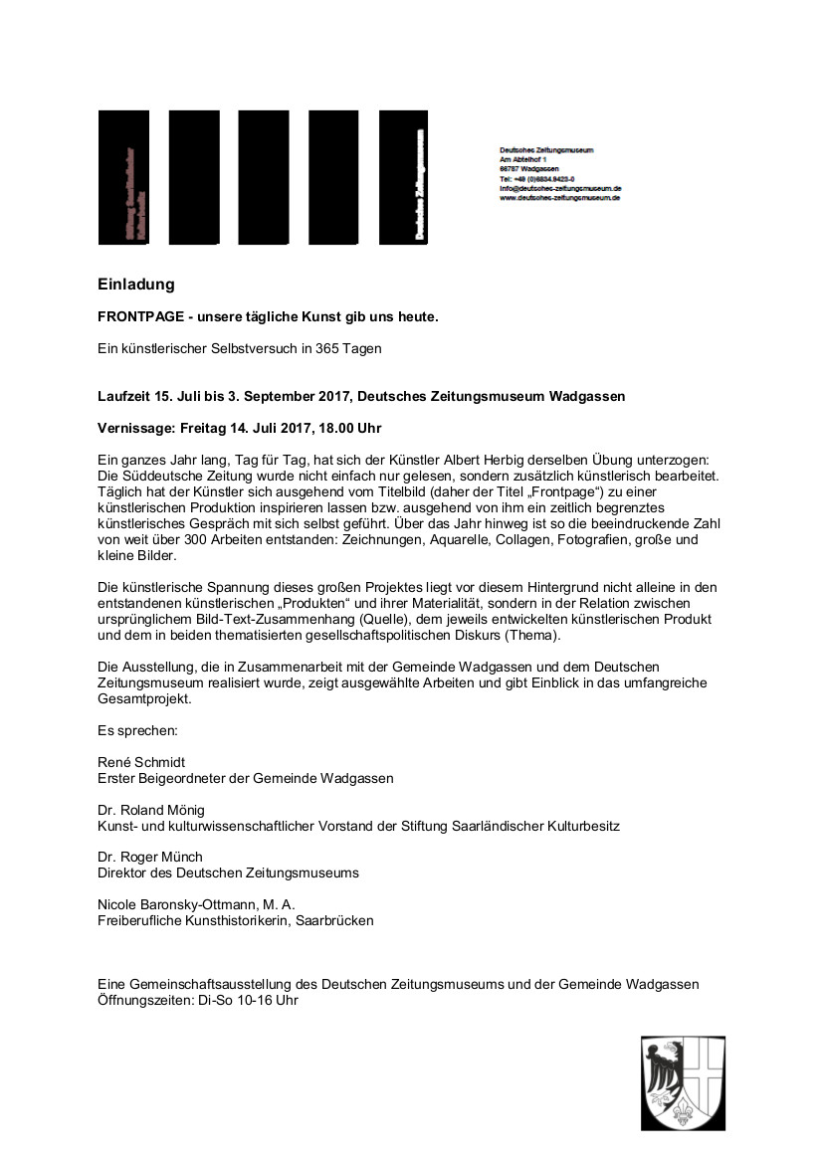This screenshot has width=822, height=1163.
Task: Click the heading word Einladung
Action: click(135, 285)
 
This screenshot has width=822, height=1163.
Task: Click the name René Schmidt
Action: click(142, 762)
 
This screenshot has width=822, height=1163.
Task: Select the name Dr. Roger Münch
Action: click(150, 857)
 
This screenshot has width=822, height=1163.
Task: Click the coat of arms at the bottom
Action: click(683, 1081)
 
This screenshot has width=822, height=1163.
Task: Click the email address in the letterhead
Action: click(560, 188)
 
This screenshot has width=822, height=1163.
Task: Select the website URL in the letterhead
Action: click(559, 198)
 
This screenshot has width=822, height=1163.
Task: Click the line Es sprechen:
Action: click(137, 730)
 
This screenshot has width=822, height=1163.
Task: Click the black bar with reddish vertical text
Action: click(123, 177)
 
